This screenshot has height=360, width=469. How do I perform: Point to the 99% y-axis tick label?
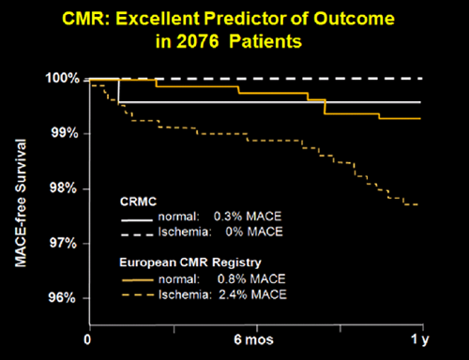[x=62, y=133]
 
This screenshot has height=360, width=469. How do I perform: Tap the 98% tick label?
[x=62, y=188]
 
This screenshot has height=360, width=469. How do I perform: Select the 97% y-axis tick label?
[x=62, y=244]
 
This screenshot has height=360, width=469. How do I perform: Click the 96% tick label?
[x=62, y=298]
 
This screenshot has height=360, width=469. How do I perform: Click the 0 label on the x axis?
[x=88, y=338]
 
